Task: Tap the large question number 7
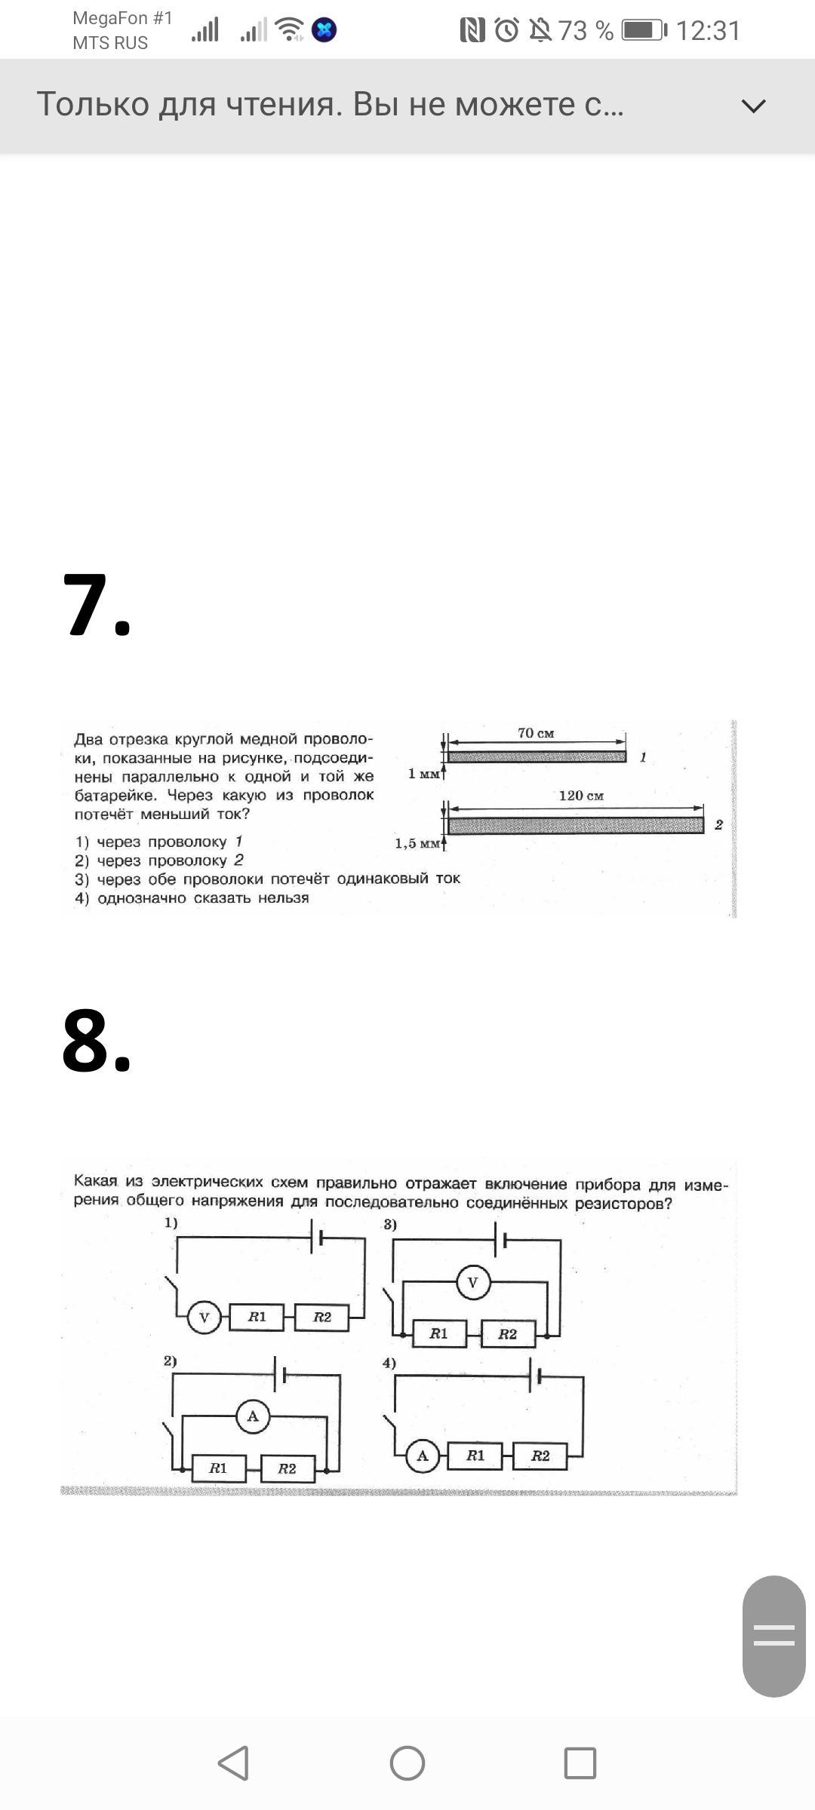coord(97,606)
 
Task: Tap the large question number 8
coord(97,1041)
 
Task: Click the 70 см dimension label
coord(536,733)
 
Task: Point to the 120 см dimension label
coord(581,796)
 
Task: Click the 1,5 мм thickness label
coord(417,843)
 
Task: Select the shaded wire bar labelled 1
coord(537,756)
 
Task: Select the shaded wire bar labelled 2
coord(576,825)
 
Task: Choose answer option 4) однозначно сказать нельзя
coord(192,898)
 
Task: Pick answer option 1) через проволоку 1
coord(159,842)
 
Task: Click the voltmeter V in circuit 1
coord(203,1318)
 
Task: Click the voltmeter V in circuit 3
coord(473,1283)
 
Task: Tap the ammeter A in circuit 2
coord(253,1416)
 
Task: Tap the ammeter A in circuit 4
coord(423,1456)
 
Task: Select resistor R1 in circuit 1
coord(257,1317)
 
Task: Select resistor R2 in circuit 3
coord(508,1334)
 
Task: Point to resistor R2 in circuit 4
coord(540,1456)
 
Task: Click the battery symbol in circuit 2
coord(281,1375)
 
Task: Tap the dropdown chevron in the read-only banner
coord(753,106)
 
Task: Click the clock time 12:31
coord(708,30)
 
